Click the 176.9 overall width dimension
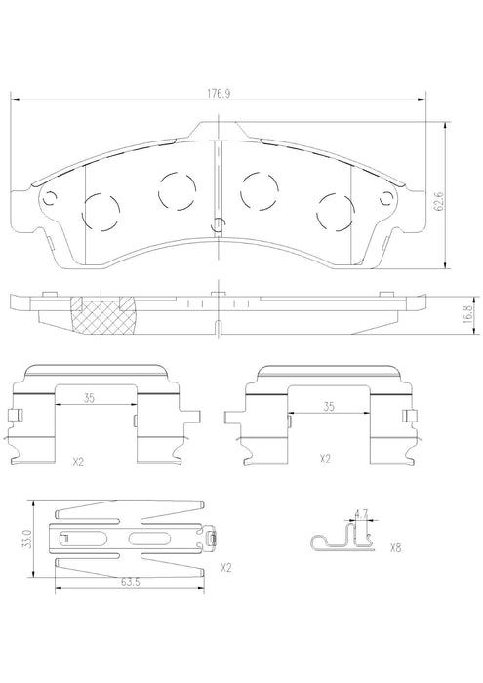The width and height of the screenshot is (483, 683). pos(219,94)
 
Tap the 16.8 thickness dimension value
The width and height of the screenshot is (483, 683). pos(467,313)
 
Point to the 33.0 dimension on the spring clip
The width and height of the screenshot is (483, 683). pos(28,539)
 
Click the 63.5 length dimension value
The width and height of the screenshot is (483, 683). pos(129,582)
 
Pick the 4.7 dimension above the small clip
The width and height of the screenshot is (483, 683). pos(361,514)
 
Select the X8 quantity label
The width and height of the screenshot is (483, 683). pos(395,548)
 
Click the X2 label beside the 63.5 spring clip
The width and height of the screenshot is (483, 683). pos(225,568)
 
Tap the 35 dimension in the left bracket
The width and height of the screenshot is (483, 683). pos(90,398)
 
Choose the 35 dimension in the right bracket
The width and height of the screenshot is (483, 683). pos(329,407)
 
